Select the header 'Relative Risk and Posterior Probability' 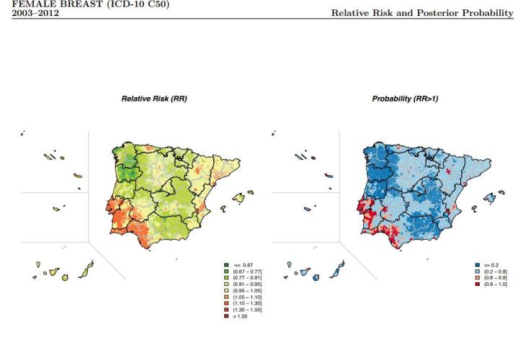pyautogui.click(x=422, y=13)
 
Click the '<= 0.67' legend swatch pyautogui.click(x=227, y=266)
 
